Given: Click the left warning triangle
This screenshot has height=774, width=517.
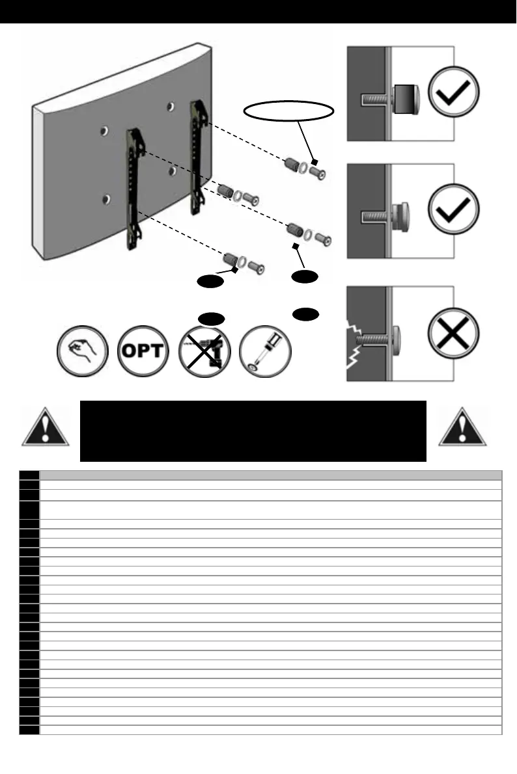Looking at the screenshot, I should point(45,429).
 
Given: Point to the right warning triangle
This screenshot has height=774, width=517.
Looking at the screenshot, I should point(462,429).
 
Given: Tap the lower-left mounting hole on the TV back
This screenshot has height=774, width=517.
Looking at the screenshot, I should point(106,199).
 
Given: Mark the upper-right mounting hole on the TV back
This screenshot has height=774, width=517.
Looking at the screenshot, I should point(169,106).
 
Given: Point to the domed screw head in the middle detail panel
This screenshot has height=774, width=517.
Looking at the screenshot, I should point(401,213).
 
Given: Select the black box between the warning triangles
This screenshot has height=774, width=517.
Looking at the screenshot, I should point(253,431).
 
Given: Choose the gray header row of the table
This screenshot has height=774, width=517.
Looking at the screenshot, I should point(270,475).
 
